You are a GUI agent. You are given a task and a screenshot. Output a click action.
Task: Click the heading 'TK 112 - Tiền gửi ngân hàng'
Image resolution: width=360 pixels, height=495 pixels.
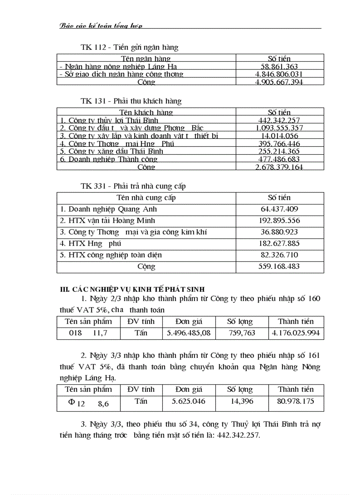pos(129,47)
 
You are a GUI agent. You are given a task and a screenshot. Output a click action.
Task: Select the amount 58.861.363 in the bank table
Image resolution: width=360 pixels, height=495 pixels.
pos(279,67)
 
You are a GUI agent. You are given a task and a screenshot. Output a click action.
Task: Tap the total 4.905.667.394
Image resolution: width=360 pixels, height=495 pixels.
pos(279,82)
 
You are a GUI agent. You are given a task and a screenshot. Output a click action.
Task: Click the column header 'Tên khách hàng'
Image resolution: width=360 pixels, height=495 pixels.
pos(146,112)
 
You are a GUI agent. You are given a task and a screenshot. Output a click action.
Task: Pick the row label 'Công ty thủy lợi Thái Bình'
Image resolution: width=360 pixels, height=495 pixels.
pos(109,120)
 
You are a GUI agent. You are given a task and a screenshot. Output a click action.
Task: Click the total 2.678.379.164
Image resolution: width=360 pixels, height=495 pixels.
pos(279,167)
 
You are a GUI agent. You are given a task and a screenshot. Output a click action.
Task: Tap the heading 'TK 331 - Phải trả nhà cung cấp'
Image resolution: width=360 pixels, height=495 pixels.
pos(133,186)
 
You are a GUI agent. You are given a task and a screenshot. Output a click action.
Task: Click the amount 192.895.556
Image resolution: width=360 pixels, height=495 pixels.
pos(279,220)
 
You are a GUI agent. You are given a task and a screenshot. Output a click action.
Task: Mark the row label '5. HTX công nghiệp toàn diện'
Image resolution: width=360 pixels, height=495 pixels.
pos(111,255)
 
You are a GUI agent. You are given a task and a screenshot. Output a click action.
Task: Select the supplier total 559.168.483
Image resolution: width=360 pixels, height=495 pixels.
pos(279,266)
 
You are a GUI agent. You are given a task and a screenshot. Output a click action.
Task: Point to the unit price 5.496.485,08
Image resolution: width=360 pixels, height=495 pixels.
pos(189,333)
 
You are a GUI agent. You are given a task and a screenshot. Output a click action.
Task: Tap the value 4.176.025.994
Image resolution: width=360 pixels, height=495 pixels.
pos(296,333)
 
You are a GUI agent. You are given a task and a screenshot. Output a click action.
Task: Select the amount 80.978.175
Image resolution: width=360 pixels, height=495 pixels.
pos(296,402)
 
